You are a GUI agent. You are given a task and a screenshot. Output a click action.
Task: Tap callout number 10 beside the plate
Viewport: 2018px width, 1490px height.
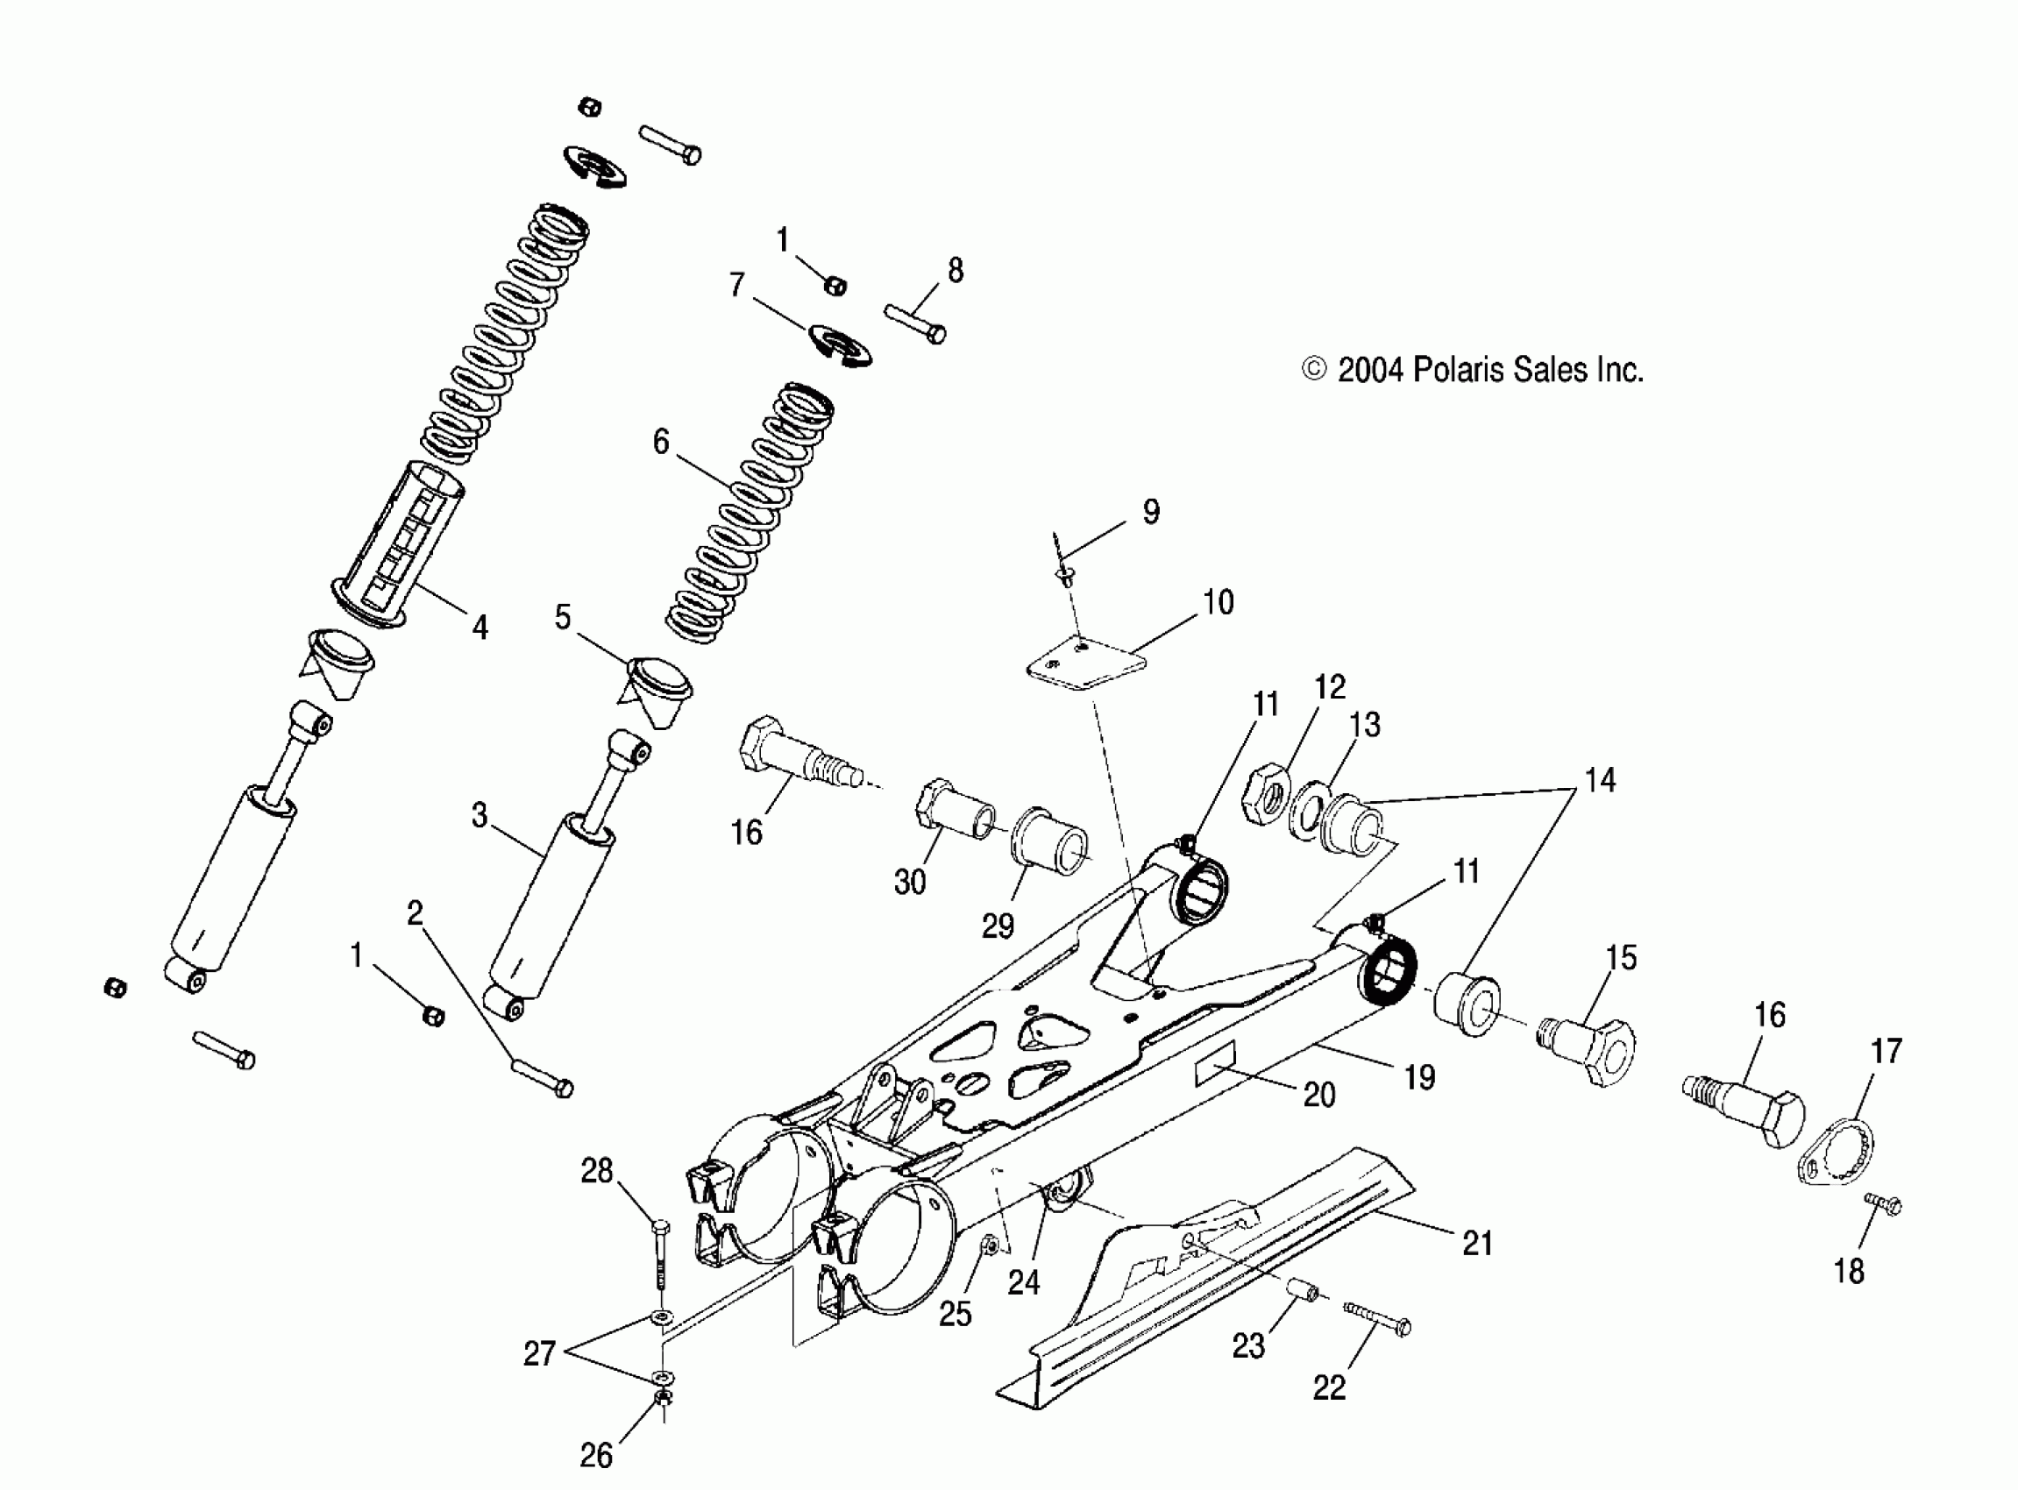(x=1218, y=601)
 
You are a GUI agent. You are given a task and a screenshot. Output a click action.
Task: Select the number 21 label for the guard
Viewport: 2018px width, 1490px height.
(x=1477, y=1243)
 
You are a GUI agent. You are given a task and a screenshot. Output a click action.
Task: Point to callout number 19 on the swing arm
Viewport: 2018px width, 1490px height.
(x=1419, y=1076)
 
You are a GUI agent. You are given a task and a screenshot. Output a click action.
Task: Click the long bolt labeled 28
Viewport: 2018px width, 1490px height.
(x=660, y=1254)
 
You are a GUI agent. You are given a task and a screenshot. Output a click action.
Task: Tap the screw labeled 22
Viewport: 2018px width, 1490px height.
(x=1376, y=1317)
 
